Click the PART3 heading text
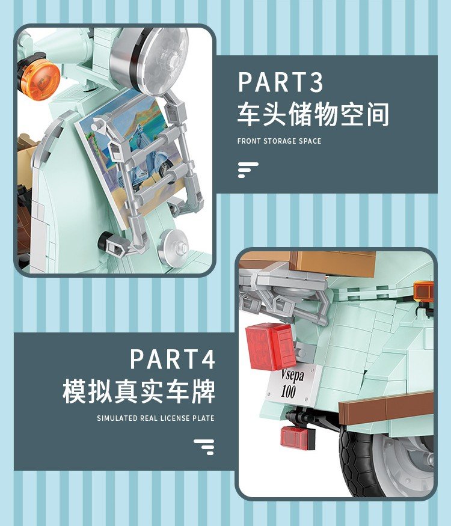tap(281, 82)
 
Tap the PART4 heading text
tap(173, 359)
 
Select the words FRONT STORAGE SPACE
tap(279, 141)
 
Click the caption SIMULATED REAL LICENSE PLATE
tap(156, 418)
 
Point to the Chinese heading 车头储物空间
tap(313, 114)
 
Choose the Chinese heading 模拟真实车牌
tap(139, 391)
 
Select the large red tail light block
tap(271, 346)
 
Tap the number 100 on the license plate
tap(288, 391)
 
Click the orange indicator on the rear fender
tap(424, 291)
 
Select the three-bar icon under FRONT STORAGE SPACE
tap(248, 170)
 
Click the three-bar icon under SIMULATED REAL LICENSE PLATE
tap(204, 447)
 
